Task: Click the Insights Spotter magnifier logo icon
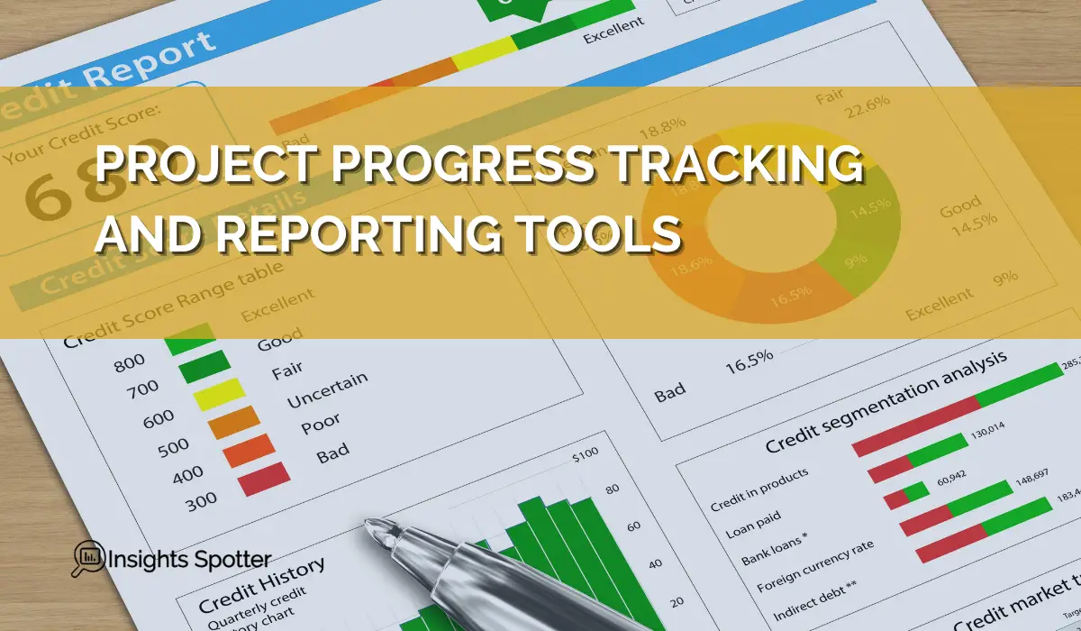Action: [86, 558]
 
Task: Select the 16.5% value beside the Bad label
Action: [749, 359]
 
